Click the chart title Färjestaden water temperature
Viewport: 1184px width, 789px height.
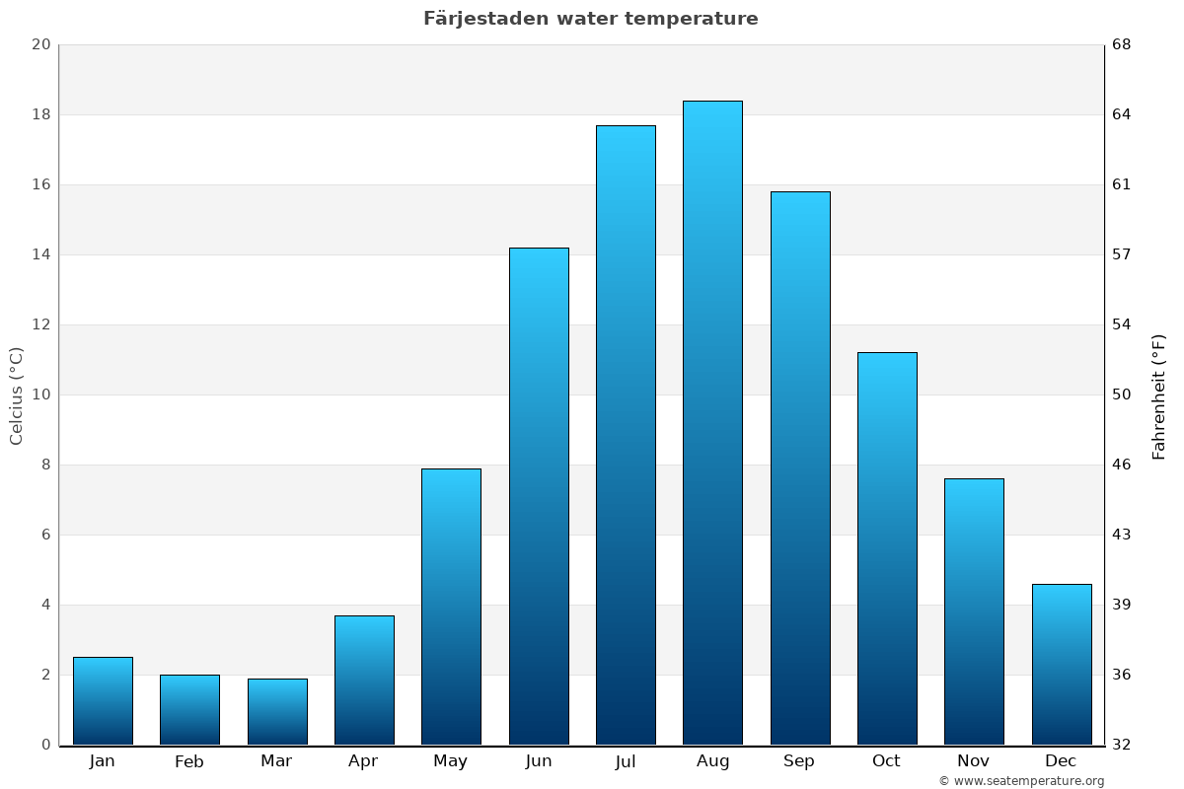tap(591, 19)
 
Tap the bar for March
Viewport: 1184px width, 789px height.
tap(277, 711)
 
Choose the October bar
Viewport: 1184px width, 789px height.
tap(887, 548)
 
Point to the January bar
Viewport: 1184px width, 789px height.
tap(103, 700)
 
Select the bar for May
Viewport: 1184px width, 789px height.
tap(451, 607)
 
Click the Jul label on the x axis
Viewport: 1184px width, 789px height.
tap(626, 761)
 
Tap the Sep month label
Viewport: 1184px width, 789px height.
tap(799, 761)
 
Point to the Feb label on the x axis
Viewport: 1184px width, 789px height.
tap(189, 761)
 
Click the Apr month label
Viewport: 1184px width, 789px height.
tap(363, 761)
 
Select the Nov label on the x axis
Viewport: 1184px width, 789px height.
tap(974, 761)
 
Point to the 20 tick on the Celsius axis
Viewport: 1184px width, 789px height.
tap(40, 44)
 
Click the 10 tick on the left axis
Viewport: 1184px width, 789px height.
tap(40, 394)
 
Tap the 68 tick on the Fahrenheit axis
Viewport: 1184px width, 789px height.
tap(1123, 44)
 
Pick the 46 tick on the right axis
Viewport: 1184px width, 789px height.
tap(1123, 465)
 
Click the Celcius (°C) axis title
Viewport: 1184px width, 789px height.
tap(17, 395)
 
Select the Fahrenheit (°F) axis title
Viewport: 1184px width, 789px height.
tap(1159, 395)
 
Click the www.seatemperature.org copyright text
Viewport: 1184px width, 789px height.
tap(1021, 781)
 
